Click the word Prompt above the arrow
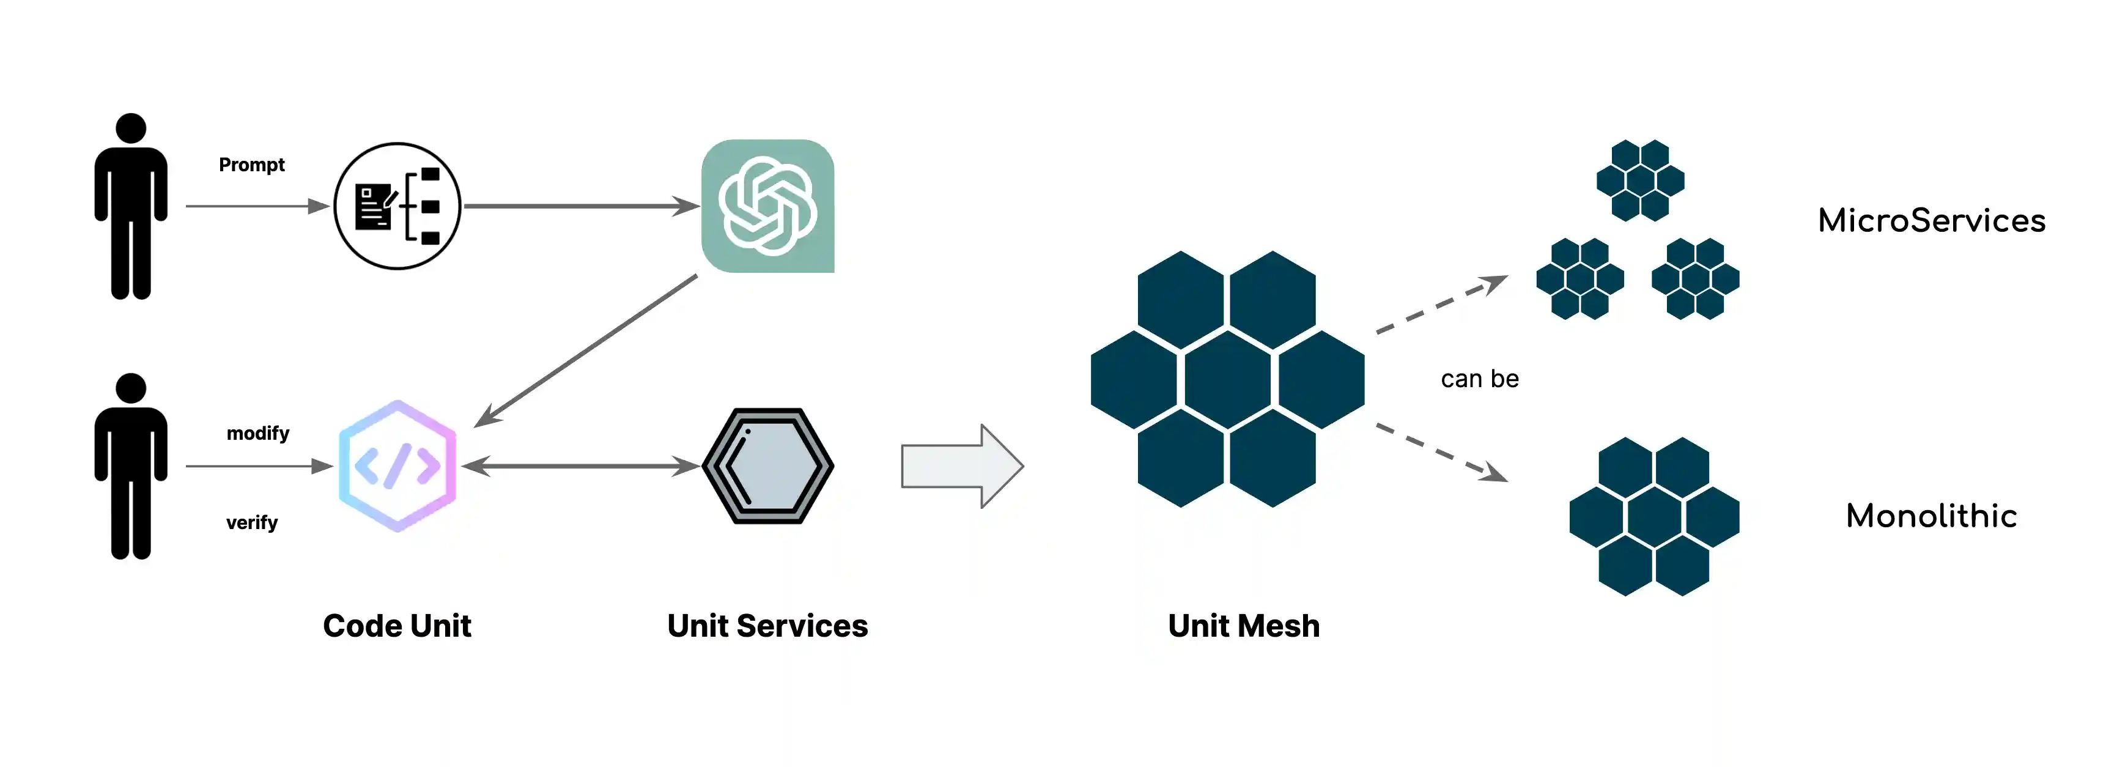(251, 165)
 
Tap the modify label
(258, 433)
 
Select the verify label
(251, 523)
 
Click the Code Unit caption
(397, 626)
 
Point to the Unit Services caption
(767, 626)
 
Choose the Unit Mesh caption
(1243, 626)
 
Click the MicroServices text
(1931, 220)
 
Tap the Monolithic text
(1931, 516)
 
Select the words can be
(1479, 379)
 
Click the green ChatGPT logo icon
(767, 206)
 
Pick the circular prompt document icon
(397, 206)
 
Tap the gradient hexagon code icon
(397, 466)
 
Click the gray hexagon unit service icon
(767, 466)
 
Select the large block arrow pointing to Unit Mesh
(961, 466)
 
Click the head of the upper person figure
(131, 128)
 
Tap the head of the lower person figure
(131, 388)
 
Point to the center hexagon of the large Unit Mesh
(1228, 379)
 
